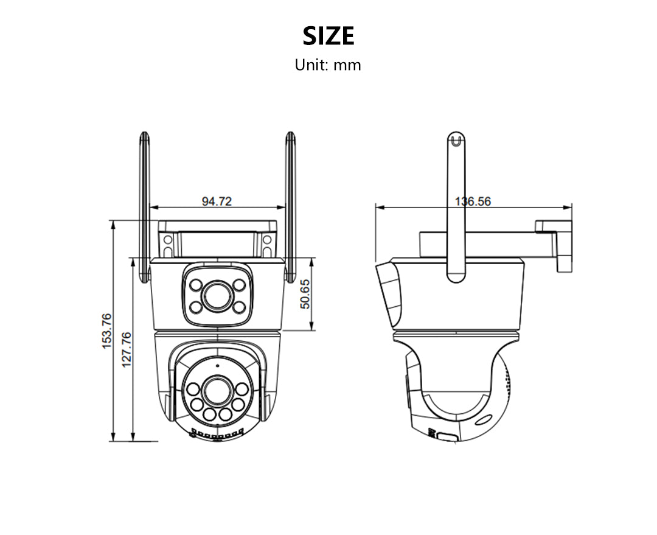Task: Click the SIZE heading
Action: (328, 37)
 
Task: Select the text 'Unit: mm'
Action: (328, 65)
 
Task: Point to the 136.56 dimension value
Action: (473, 201)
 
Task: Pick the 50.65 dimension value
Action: (305, 295)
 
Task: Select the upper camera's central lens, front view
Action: (217, 296)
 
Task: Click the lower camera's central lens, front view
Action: (217, 390)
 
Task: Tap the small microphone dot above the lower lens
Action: (217, 366)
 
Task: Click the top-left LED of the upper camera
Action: (196, 284)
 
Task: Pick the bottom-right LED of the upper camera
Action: (238, 307)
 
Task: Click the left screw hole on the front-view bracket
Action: (167, 245)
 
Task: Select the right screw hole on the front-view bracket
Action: (266, 245)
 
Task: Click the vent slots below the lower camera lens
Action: (217, 435)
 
